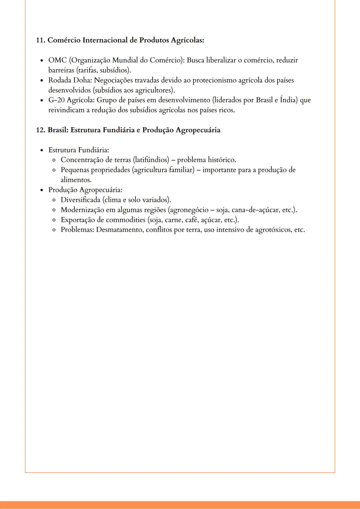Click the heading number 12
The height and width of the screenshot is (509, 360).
point(40,130)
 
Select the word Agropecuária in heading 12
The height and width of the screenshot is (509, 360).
point(198,130)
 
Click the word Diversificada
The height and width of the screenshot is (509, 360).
point(80,200)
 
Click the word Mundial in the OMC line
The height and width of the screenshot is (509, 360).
point(127,60)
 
